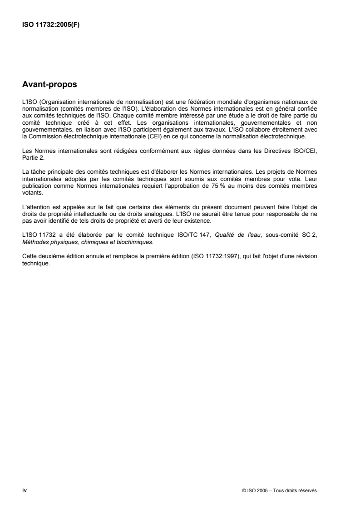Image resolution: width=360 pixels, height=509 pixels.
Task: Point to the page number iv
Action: (25, 477)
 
